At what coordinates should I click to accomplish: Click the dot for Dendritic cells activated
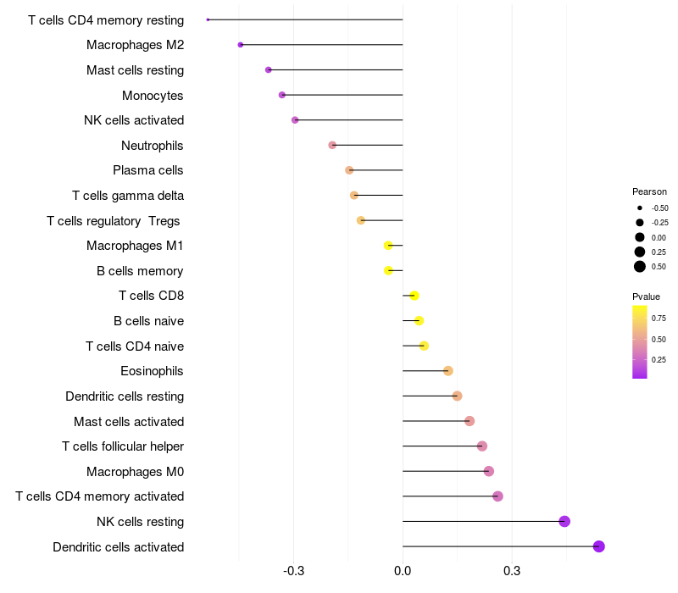[x=599, y=546]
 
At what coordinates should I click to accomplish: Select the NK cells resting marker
[x=564, y=521]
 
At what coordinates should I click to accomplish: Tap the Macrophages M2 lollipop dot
[x=241, y=45]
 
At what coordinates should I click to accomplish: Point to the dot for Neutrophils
[x=332, y=145]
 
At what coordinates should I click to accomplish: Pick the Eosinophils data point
[x=448, y=371]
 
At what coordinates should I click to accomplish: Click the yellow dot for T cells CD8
[x=414, y=296]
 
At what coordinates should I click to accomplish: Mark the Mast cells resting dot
[x=269, y=69]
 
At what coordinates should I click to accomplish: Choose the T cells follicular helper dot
[x=482, y=446]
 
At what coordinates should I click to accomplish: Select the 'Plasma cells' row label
[x=148, y=170]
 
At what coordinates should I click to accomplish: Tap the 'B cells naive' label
[x=148, y=321]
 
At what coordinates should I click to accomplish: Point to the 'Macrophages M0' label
[x=135, y=471]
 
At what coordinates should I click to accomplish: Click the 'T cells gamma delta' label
[x=128, y=196]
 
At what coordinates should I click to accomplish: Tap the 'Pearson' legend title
[x=649, y=191]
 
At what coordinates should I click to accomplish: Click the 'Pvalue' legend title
[x=646, y=296]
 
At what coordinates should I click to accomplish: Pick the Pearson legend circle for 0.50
[x=640, y=267]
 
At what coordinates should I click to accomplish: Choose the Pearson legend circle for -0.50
[x=640, y=208]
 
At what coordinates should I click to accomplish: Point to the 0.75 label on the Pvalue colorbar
[x=659, y=319]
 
